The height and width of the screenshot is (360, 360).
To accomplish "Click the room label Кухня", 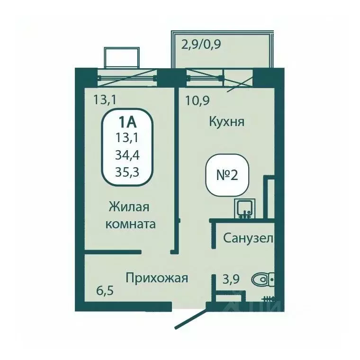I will (x=226, y=122).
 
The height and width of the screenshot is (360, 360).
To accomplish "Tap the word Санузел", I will (x=248, y=238).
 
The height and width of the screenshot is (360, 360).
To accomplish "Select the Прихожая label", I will (x=157, y=278).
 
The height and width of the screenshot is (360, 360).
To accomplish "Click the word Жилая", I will (x=129, y=207).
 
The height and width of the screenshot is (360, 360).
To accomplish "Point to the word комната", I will (x=131, y=224).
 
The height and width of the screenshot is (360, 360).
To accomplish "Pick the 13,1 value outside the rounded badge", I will (x=105, y=100).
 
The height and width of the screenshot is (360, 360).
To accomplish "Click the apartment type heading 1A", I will (x=127, y=122).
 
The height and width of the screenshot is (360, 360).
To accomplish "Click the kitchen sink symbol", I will (x=245, y=209).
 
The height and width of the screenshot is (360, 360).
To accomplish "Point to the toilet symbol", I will (x=262, y=280).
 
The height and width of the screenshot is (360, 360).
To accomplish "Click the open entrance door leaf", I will (x=192, y=318).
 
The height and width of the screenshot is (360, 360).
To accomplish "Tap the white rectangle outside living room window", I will (x=122, y=57).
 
